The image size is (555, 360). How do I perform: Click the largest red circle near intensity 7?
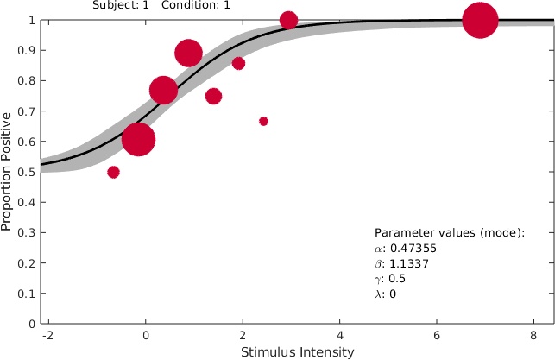pos(481,21)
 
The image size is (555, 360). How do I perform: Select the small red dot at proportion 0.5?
pos(113,172)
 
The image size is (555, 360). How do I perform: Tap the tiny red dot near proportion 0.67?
pos(263,121)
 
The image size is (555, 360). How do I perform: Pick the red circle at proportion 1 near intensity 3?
pos(288,20)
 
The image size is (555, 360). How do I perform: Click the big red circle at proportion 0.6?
pos(138,139)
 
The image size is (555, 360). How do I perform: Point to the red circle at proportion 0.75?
pos(213,96)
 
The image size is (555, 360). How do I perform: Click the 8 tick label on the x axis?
pos(537,336)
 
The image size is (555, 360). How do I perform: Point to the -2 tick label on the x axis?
pos(47,336)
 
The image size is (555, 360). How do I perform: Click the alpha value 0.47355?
pos(401,249)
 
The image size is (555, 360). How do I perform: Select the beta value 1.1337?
pos(400,264)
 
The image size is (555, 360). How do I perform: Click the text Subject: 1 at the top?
pos(120,4)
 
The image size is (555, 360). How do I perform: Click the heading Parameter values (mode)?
pos(450,233)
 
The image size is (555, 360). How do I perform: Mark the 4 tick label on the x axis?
pos(340,336)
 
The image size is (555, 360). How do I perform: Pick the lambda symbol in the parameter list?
pos(377,294)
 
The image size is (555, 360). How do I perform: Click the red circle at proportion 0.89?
pos(188,53)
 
